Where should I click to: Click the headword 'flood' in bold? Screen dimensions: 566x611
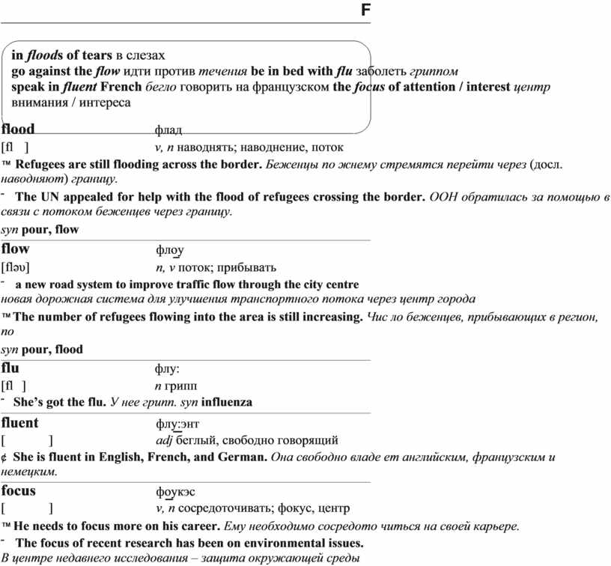(18, 129)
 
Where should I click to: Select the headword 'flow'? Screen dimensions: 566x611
(16, 249)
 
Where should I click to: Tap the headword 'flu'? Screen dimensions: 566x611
(10, 368)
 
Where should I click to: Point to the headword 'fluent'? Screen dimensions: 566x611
(20, 422)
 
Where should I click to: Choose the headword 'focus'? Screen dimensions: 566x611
(19, 491)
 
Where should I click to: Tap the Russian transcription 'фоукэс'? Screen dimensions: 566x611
(175, 493)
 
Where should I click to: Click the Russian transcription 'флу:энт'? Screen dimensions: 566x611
(177, 424)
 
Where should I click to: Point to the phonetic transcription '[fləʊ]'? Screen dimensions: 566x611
(16, 267)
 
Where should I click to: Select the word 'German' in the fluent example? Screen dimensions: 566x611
(241, 457)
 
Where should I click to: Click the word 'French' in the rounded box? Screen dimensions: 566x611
(121, 87)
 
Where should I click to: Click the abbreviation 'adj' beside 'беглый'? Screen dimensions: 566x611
(163, 440)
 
